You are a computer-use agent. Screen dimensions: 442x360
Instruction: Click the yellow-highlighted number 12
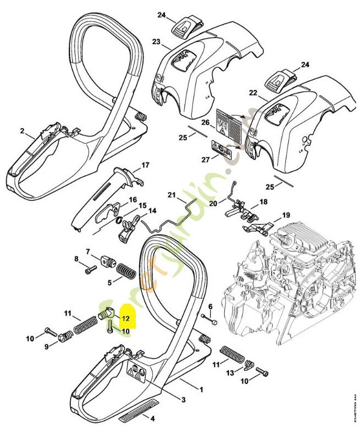coord(125,318)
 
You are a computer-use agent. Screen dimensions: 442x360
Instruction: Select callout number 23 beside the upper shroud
coord(156,42)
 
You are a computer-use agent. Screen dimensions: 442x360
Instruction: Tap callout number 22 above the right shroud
coord(253,93)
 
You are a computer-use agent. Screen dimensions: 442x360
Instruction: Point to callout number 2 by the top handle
coord(23,131)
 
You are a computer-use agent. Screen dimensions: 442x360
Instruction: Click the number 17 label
coord(145,165)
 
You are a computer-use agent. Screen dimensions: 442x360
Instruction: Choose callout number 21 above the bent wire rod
coord(171,195)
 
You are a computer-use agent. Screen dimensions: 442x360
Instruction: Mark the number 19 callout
coord(286,215)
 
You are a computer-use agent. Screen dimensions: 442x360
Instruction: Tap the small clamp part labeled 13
coord(248,365)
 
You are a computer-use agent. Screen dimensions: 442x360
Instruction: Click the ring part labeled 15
coord(119,221)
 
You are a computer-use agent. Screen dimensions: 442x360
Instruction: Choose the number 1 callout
coord(202,390)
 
